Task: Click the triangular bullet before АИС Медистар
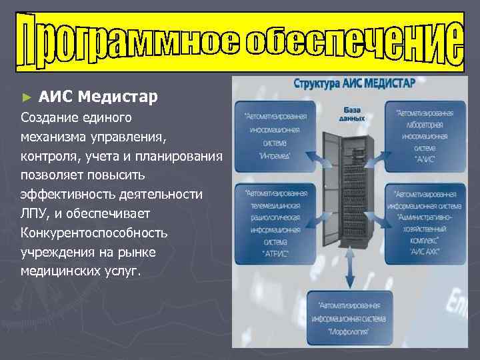(27, 97)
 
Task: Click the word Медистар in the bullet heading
(117, 97)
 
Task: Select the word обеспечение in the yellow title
(354, 41)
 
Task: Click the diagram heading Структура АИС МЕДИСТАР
(354, 85)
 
